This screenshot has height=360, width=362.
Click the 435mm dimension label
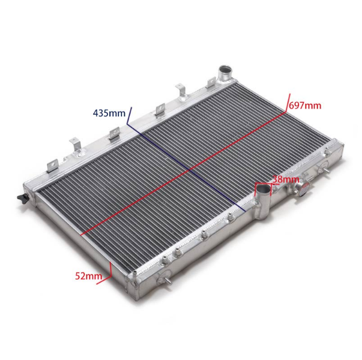pyautogui.click(x=109, y=113)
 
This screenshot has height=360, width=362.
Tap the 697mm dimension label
pyautogui.click(x=305, y=106)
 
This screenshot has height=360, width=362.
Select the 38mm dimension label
pyautogui.click(x=286, y=179)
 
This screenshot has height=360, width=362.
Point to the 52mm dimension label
pyautogui.click(x=88, y=276)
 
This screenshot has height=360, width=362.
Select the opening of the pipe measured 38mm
pyautogui.click(x=263, y=189)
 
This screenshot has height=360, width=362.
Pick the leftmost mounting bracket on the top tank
pyautogui.click(x=52, y=166)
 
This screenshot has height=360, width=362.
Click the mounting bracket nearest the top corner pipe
pyautogui.click(x=211, y=83)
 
